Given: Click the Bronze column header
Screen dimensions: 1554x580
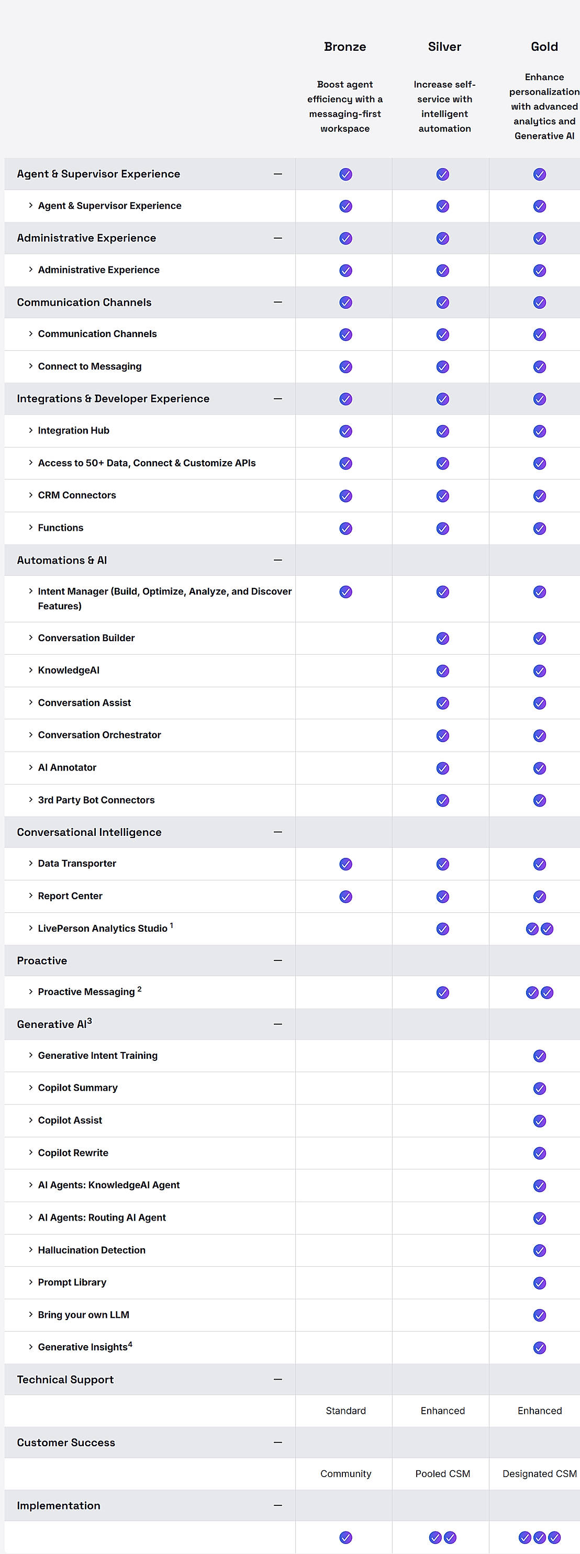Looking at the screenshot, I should (344, 47).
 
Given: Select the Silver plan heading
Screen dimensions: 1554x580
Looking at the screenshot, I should (444, 47).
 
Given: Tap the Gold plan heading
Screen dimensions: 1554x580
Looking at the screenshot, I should (544, 47).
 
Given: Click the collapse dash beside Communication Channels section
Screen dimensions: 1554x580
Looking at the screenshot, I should (277, 302).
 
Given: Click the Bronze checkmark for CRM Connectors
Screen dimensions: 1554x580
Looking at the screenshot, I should (345, 496).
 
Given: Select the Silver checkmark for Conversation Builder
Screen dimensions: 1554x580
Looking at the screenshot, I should (442, 638).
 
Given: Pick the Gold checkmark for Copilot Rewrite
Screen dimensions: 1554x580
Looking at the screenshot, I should (540, 1153).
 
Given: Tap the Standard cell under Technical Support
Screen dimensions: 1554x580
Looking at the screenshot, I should (345, 1411).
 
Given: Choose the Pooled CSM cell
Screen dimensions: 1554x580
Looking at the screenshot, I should (442, 1473).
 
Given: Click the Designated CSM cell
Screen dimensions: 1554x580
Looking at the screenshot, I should (540, 1473).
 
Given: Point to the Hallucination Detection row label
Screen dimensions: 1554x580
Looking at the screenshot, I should (92, 1250).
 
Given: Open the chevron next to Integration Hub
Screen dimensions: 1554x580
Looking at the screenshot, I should (31, 430).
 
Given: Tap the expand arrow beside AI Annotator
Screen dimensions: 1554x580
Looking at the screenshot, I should (31, 767).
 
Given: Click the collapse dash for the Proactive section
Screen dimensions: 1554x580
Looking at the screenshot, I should (277, 960).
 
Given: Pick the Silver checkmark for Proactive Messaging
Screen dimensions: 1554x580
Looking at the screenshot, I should (442, 992).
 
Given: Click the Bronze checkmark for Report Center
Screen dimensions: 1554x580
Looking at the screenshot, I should (345, 897).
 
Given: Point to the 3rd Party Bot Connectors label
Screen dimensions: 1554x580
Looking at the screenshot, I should (96, 800).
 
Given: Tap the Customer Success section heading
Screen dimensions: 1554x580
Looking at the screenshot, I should (66, 1443).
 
